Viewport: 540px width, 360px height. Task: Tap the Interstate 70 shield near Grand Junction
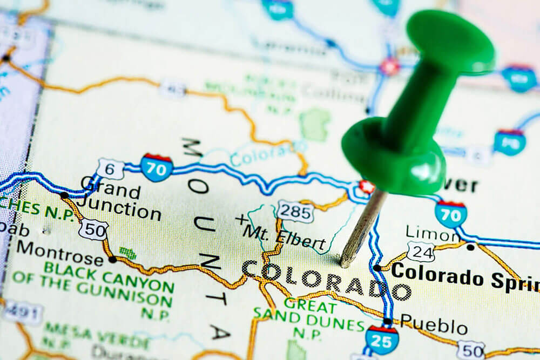156,167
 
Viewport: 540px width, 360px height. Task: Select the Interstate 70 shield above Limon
450,214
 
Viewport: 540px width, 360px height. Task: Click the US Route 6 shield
110,168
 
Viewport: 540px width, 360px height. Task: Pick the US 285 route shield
295,211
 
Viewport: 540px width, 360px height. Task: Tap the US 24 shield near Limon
421,252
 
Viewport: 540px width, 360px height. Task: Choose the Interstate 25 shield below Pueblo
382,338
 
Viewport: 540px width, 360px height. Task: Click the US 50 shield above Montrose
93,229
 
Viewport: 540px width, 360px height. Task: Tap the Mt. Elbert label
285,237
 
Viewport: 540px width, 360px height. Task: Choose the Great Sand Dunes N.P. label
309,316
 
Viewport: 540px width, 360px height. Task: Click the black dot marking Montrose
112,259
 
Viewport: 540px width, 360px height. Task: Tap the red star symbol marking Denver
367,187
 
